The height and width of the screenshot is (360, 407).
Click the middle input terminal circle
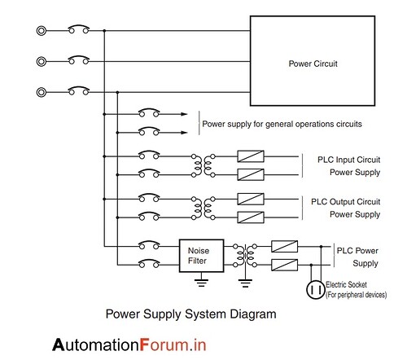pyautogui.click(x=41, y=60)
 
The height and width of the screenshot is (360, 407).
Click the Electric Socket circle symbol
pyautogui.click(x=313, y=289)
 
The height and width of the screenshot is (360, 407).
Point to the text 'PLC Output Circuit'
pyautogui.click(x=346, y=201)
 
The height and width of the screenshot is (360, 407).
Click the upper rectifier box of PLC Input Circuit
pyautogui.click(x=250, y=156)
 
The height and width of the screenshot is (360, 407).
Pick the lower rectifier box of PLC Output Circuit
pyautogui.click(x=250, y=215)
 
